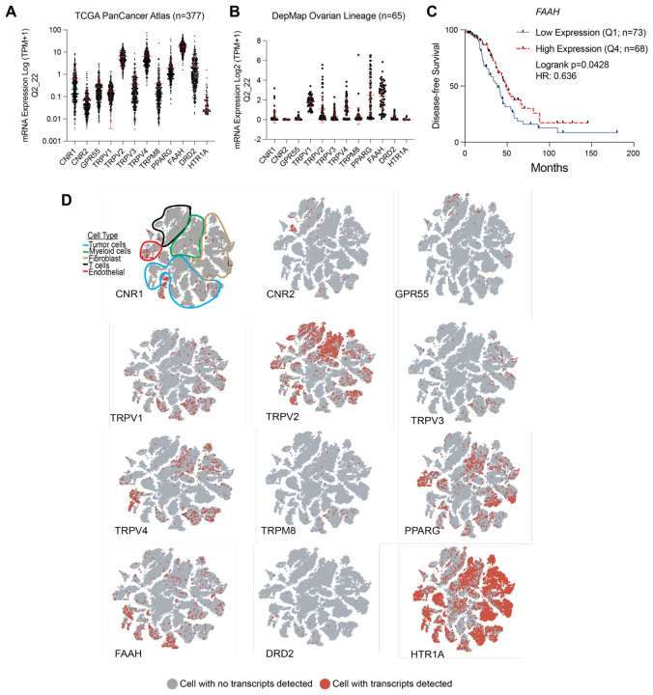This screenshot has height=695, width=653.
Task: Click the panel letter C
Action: tap(445, 13)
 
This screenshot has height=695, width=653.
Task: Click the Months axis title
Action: tap(547, 167)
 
